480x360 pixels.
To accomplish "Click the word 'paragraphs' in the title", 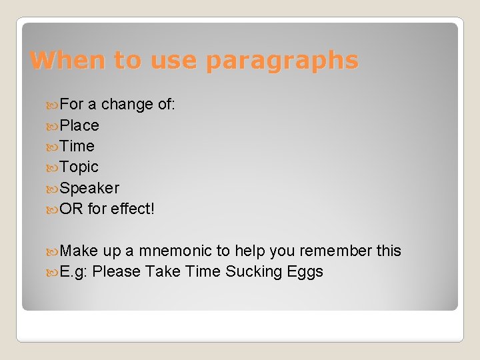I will [282, 61].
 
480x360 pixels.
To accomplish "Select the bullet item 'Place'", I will [79, 125].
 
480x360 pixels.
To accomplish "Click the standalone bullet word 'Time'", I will [77, 146].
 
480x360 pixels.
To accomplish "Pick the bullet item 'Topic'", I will [79, 167].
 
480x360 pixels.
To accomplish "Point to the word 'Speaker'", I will [89, 188].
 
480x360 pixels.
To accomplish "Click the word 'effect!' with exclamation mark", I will [133, 209].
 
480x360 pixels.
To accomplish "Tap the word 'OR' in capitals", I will [71, 209].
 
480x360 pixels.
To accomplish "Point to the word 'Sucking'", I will [253, 271].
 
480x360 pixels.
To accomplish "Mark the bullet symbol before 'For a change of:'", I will [53, 105].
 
